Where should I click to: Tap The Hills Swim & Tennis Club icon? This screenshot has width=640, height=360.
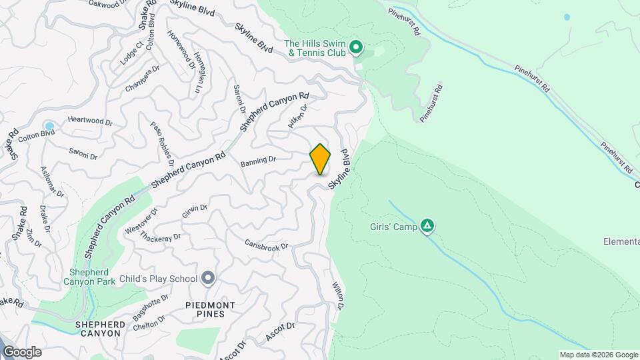coord(356,47)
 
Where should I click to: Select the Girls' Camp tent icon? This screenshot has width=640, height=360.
coord(427,227)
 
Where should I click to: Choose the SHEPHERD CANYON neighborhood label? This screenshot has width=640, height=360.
coord(101,329)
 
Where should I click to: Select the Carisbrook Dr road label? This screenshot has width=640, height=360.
coord(266,245)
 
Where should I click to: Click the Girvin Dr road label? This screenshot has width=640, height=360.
coord(195,211)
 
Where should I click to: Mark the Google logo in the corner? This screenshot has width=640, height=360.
coord(21,352)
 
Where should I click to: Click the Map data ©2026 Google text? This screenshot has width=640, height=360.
coord(598,355)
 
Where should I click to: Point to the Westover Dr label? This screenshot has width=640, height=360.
coord(141,221)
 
